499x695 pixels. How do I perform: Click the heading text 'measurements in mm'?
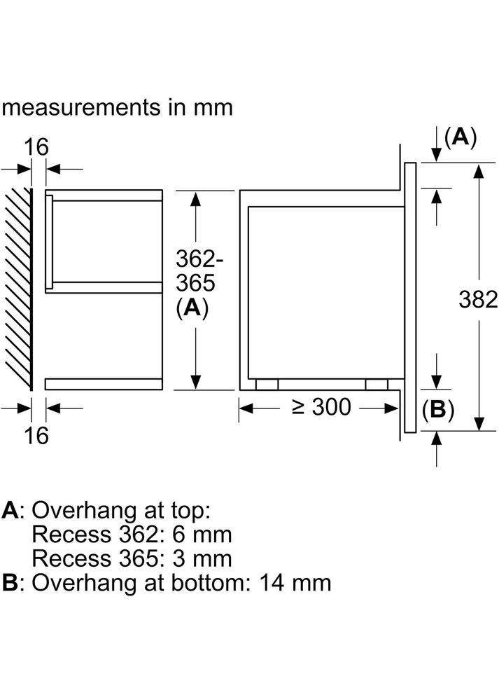coord(116,107)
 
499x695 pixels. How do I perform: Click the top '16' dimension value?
coord(37,147)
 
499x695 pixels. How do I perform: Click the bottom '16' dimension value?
coord(37,435)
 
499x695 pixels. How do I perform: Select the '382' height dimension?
coord(478,299)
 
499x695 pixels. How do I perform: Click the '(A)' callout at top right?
coord(460,137)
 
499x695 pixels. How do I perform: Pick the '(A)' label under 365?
coord(192,308)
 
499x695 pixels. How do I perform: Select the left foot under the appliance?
coord(267,384)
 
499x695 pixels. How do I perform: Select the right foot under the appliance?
coord(377,384)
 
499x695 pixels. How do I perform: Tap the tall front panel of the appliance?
coord(410,298)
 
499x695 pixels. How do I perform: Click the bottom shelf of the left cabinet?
coord(104,383)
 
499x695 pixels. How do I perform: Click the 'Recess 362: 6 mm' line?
coord(132,535)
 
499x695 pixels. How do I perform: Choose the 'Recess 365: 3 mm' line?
coord(132,558)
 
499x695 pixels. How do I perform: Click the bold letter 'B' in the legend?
coord(10,582)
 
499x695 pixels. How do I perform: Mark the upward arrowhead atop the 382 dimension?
coord(479,170)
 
